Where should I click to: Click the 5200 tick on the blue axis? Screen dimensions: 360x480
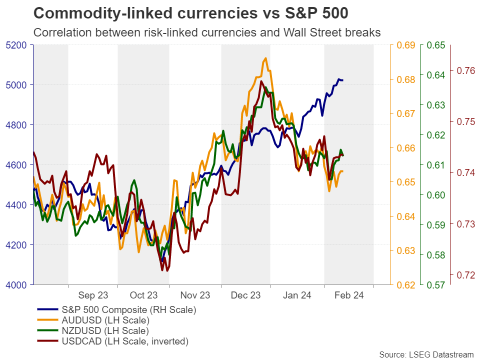pyautogui.click(x=19, y=45)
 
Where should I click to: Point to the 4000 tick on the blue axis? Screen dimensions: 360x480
pyautogui.click(x=19, y=285)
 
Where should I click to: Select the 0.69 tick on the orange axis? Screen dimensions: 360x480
pyautogui.click(x=406, y=45)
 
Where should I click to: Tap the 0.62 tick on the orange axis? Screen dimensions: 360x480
pyautogui.click(x=406, y=285)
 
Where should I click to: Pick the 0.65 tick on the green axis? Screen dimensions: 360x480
pyautogui.click(x=436, y=45)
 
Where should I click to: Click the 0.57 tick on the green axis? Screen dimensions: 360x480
pyautogui.click(x=436, y=285)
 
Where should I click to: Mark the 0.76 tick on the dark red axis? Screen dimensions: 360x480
pyautogui.click(x=465, y=70)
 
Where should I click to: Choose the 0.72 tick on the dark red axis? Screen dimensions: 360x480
pyautogui.click(x=465, y=274)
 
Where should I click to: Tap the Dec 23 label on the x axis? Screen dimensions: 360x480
pyautogui.click(x=245, y=295)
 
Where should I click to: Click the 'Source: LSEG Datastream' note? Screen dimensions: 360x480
pyautogui.click(x=425, y=354)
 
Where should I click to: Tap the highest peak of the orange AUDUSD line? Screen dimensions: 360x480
pyautogui.click(x=265, y=58)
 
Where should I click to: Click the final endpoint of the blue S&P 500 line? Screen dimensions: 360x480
pyautogui.click(x=342, y=80)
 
